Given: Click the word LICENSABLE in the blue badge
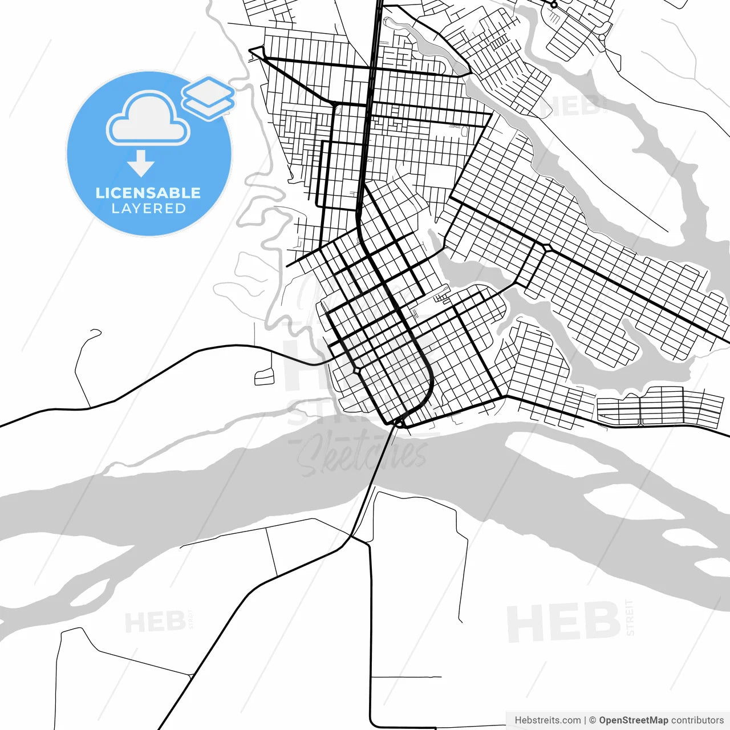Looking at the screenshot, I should [148, 193].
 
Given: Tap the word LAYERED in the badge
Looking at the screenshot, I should [148, 209].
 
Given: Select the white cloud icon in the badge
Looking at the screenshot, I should [148, 119].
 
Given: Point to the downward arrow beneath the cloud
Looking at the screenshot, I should [141, 164].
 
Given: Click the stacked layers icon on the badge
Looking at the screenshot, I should [208, 98].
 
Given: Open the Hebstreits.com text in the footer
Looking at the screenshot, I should [547, 720].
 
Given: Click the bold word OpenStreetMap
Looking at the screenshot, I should [634, 720].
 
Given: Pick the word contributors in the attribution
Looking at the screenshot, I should [697, 720].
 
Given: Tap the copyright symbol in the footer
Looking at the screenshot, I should [593, 720].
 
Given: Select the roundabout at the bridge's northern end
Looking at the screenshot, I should [400, 423].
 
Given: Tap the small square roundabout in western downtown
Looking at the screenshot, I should [357, 371].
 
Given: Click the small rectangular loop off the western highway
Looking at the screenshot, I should [264, 377].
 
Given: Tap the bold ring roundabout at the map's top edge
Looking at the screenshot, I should [553, 5].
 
